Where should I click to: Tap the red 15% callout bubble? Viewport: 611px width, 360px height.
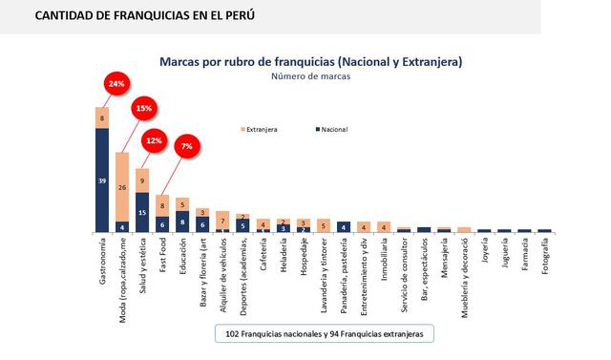tap(143, 109)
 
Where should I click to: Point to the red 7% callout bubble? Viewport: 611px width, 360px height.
tap(186, 146)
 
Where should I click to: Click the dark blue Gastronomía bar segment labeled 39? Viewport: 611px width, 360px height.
tap(102, 180)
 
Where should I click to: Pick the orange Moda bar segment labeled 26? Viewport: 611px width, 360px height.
tap(122, 186)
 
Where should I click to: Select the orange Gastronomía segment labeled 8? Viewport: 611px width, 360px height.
tap(102, 117)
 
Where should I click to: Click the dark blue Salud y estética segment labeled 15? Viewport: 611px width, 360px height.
tap(142, 212)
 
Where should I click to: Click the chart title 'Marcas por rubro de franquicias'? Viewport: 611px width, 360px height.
tap(311, 61)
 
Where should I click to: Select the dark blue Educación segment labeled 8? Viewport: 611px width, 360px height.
tap(182, 222)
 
